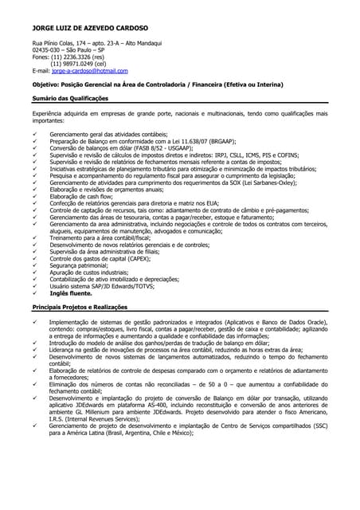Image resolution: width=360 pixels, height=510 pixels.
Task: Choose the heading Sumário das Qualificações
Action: pyautogui.click(x=70, y=98)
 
